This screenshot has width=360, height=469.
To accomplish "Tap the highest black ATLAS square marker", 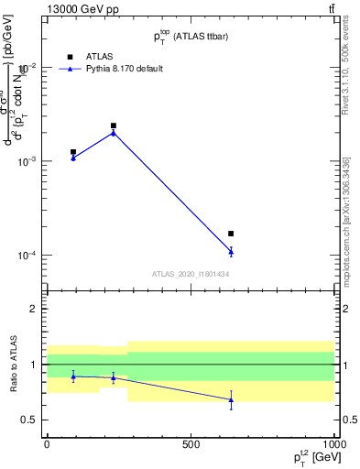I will pyautogui.click(x=114, y=125).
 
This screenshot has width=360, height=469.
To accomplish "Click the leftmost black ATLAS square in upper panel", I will pyautogui.click(x=73, y=152).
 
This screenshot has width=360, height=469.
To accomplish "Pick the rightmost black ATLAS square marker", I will pyautogui.click(x=231, y=234).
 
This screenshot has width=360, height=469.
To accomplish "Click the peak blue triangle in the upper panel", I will pyautogui.click(x=114, y=132).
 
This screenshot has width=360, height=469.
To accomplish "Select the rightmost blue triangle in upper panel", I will pyautogui.click(x=231, y=251).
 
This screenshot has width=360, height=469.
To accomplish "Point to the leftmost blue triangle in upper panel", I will pyautogui.click(x=73, y=158).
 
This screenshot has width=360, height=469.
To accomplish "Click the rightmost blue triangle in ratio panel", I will pyautogui.click(x=231, y=399).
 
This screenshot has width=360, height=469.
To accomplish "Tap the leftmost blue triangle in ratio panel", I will pyautogui.click(x=73, y=376).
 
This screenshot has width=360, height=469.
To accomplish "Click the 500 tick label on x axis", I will pyautogui.click(x=191, y=444).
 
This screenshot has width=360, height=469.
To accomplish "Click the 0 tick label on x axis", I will pyautogui.click(x=47, y=444).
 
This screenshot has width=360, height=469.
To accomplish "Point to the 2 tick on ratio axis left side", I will pyautogui.click(x=33, y=309).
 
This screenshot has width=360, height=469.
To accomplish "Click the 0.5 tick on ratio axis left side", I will pyautogui.click(x=28, y=420).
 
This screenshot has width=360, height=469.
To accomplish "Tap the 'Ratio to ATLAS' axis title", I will pyautogui.click(x=13, y=364).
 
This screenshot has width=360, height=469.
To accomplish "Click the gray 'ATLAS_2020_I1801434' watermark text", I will pyautogui.click(x=191, y=274).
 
